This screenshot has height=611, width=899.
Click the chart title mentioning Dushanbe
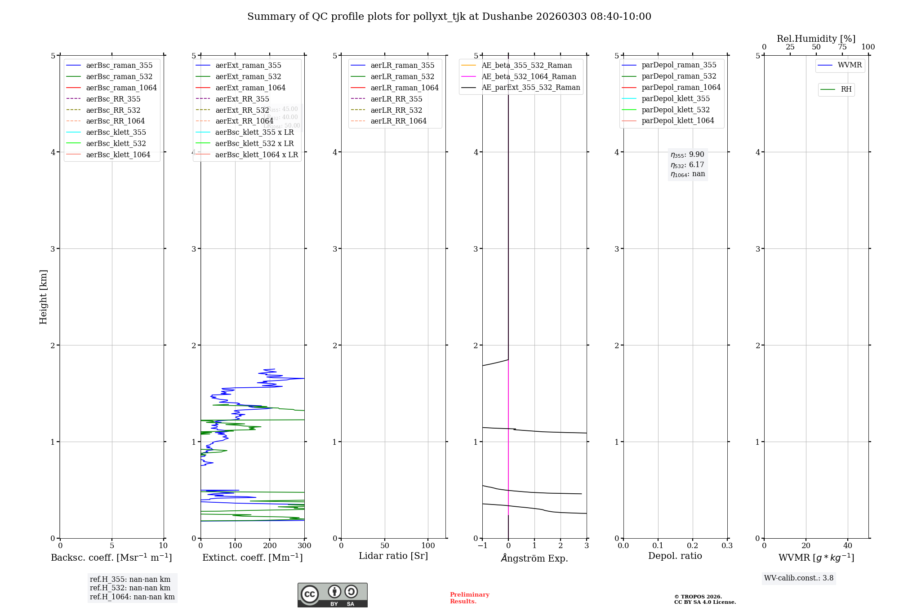pyautogui.click(x=449, y=17)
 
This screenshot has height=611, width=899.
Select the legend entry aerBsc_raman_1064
pyautogui.click(x=121, y=88)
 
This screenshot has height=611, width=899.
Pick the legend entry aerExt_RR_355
pyautogui.click(x=242, y=99)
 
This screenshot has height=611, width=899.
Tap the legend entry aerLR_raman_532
pyautogui.click(x=402, y=76)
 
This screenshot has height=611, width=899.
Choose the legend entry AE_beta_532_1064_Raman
pyautogui.click(x=529, y=76)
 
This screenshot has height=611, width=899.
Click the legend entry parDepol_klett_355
pyautogui.click(x=676, y=98)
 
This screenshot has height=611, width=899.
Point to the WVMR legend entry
pyautogui.click(x=850, y=65)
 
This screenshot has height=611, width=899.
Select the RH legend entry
pyautogui.click(x=846, y=89)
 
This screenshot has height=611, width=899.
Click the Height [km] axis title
pyautogui.click(x=43, y=297)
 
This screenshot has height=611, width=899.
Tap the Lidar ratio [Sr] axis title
pyautogui.click(x=393, y=556)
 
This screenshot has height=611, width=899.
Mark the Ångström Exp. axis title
pyautogui.click(x=534, y=558)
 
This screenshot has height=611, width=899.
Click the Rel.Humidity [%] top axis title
pyautogui.click(x=816, y=39)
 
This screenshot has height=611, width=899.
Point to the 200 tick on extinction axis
pyautogui.click(x=270, y=546)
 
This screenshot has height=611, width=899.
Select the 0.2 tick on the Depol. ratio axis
pyautogui.click(x=693, y=546)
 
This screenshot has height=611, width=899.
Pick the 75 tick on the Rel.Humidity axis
pyautogui.click(x=842, y=47)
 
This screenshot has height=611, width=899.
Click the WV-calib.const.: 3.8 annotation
pyautogui.click(x=799, y=578)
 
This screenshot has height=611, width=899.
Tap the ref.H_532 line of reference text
pyautogui.click(x=130, y=588)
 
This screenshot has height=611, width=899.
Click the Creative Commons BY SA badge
pyautogui.click(x=332, y=595)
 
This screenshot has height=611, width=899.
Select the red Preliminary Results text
pyautogui.click(x=469, y=598)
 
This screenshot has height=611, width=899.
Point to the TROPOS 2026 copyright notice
pyautogui.click(x=704, y=599)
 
